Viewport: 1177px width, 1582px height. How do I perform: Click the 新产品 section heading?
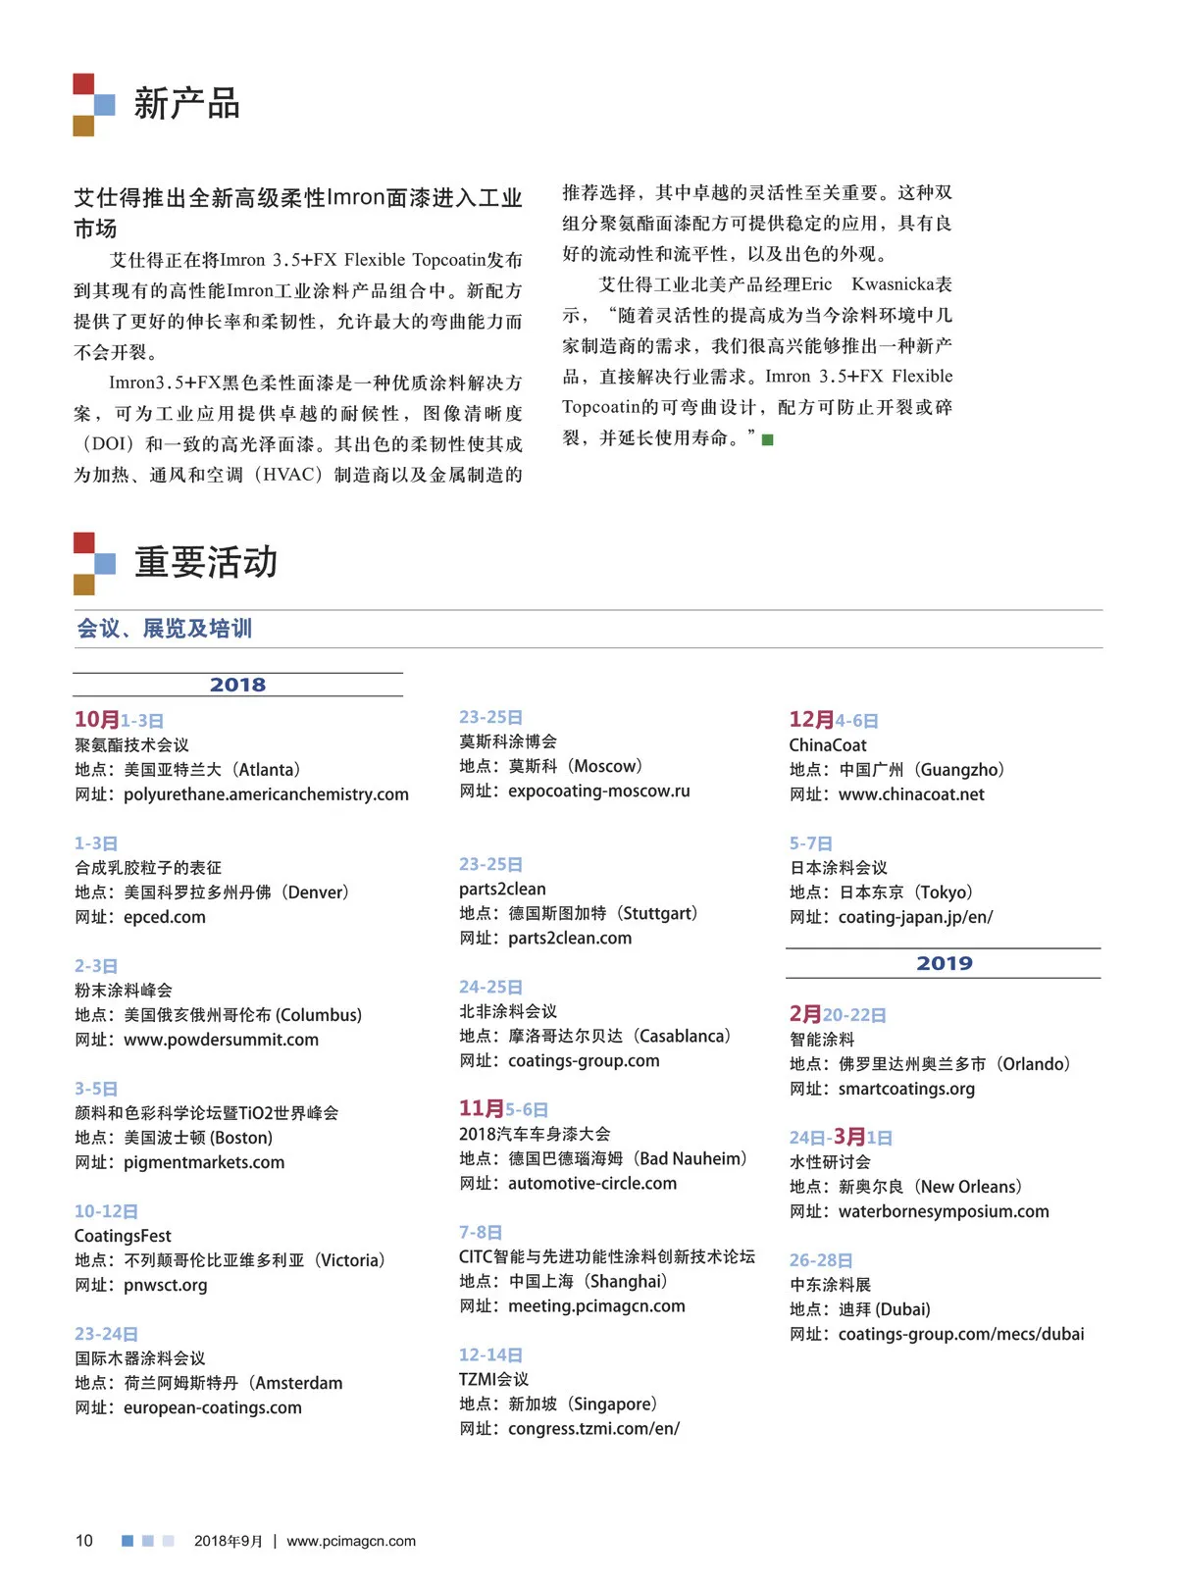186,104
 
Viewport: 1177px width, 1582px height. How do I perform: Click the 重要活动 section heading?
206,563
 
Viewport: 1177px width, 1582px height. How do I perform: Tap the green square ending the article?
768,439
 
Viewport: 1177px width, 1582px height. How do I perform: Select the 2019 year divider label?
944,963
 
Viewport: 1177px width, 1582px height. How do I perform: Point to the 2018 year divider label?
237,685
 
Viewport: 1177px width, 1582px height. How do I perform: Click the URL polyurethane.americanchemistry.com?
266,794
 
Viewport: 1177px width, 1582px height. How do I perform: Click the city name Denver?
316,893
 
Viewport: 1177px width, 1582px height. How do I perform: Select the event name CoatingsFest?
123,1236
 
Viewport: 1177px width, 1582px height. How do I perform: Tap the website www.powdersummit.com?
221,1040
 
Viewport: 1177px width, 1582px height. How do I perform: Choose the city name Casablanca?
683,1036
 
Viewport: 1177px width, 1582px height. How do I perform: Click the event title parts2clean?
502,889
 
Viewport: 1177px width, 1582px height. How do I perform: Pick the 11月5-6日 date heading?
503,1109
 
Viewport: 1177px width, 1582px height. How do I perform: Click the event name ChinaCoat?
828,745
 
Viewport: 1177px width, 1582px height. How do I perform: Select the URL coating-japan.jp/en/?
915,917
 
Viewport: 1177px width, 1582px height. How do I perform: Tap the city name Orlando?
1034,1064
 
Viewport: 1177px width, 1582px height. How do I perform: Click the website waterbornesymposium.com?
944,1211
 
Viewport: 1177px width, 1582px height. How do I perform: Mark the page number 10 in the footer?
84,1541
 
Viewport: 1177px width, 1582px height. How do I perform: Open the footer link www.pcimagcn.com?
351,1541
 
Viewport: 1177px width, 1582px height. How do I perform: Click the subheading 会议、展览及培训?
165,629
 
